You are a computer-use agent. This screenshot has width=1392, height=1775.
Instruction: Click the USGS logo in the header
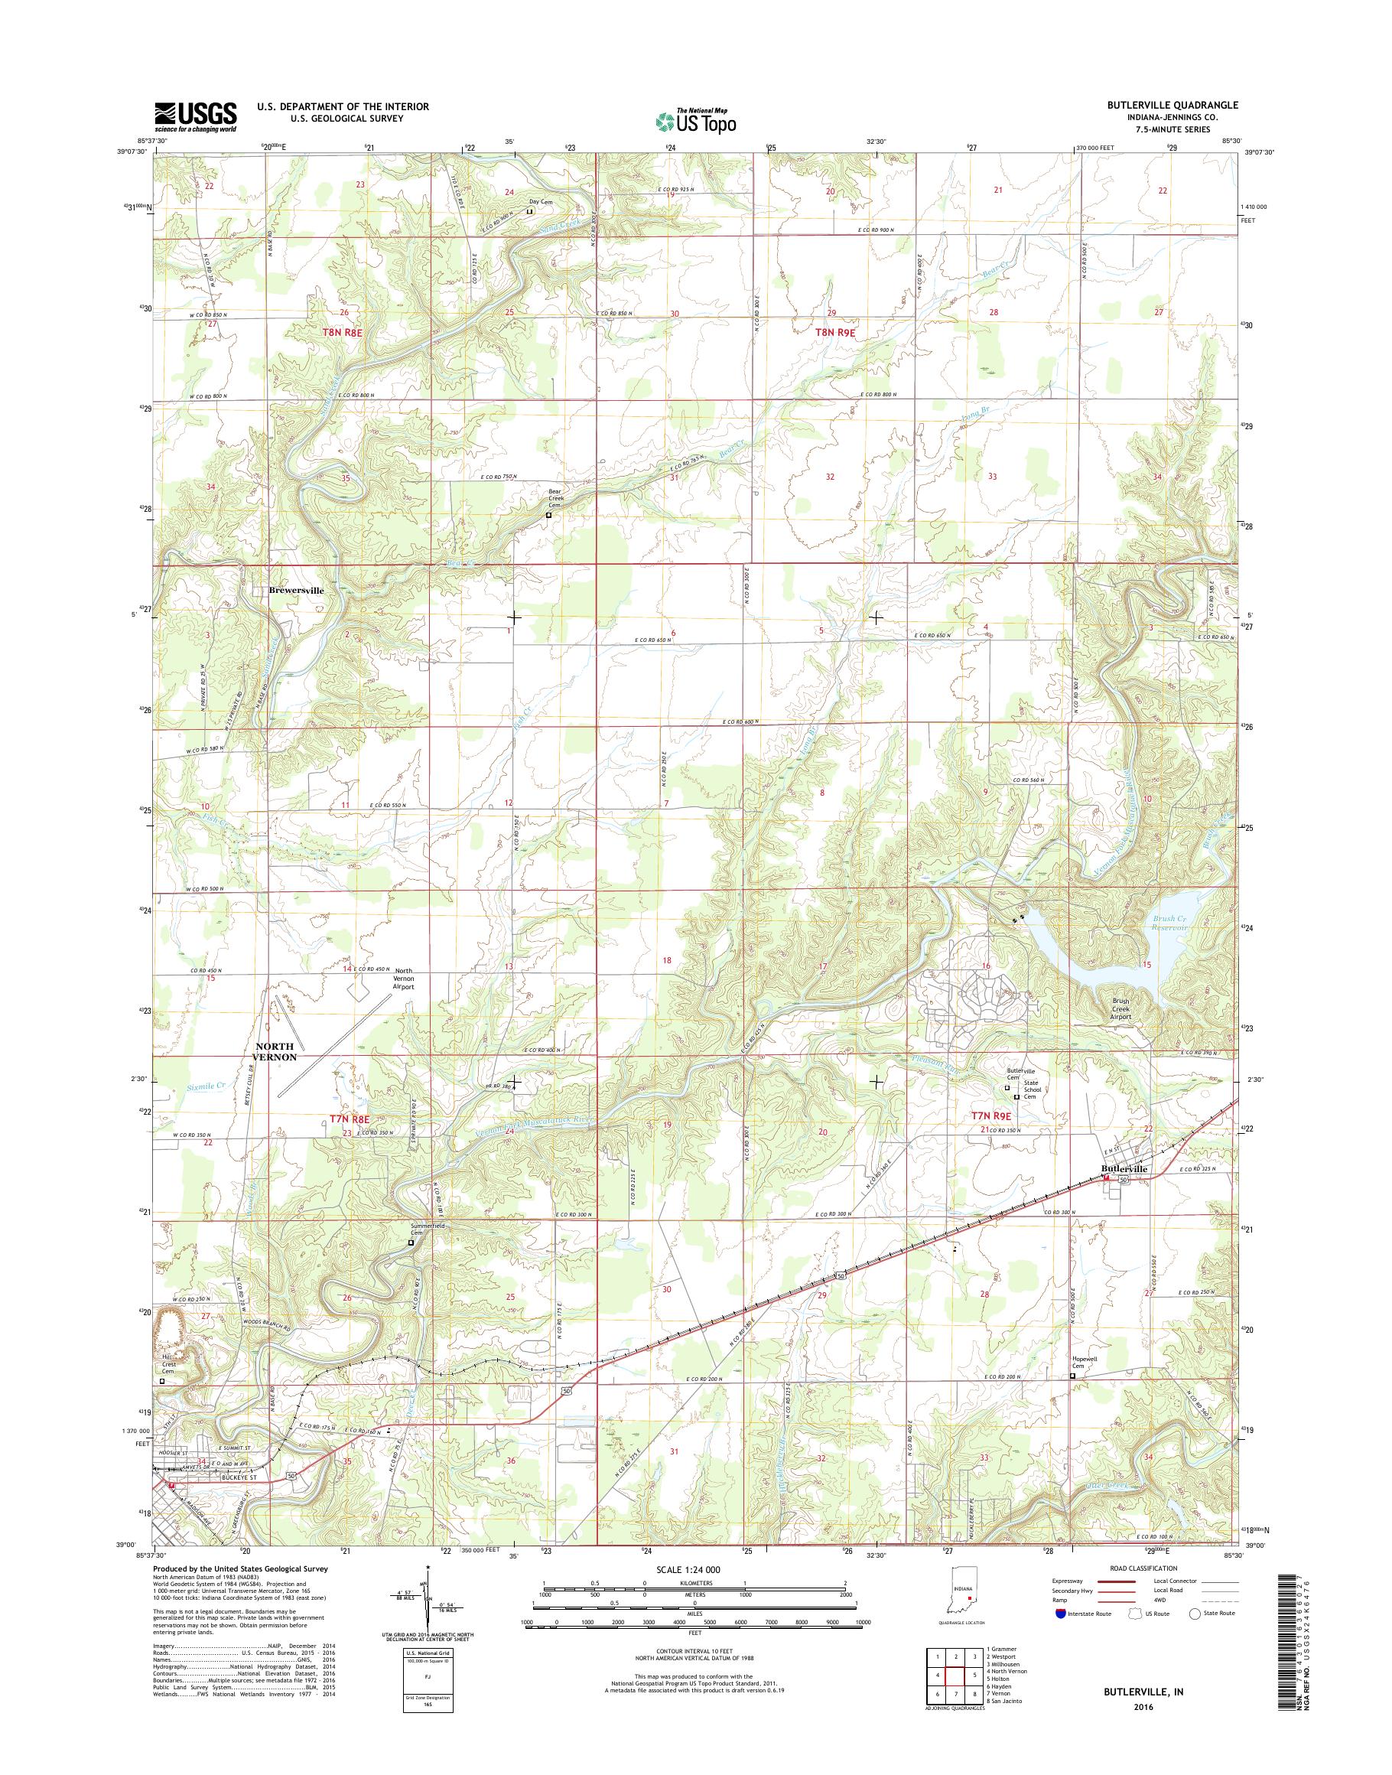196,116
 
